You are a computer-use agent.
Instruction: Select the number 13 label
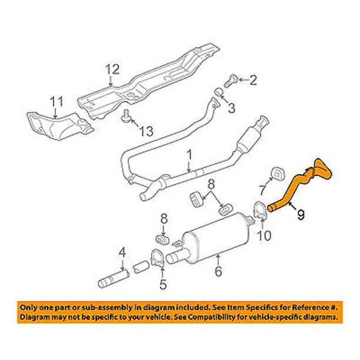[150, 129]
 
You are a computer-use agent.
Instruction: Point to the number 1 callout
[189, 155]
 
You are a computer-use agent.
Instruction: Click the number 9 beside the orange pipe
[301, 215]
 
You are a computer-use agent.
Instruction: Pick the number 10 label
[265, 236]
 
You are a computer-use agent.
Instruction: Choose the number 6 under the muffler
[218, 272]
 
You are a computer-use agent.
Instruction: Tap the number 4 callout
[122, 254]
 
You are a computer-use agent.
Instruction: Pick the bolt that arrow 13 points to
[125, 119]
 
